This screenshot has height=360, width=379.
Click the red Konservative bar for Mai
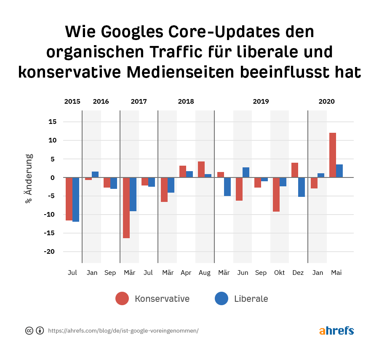[x=333, y=155]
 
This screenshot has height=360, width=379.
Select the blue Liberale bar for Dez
[x=302, y=187]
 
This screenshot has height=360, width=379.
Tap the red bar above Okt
[x=276, y=194]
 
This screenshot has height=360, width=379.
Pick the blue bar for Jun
[x=246, y=172]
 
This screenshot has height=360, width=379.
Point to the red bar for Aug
[x=201, y=169]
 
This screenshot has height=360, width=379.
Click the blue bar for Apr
[x=189, y=174]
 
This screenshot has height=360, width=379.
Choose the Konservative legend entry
[x=162, y=299]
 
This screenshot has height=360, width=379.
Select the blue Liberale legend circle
[x=222, y=298]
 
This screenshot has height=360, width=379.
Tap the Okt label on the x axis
[x=280, y=273]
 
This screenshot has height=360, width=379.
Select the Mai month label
[x=336, y=273]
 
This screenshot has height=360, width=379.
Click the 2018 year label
[x=186, y=102]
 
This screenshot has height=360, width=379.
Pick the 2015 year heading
[x=72, y=102]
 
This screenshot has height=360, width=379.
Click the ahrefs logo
[x=336, y=330]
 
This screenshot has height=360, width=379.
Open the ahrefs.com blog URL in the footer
[x=123, y=331]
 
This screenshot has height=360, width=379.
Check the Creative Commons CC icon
[x=29, y=330]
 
